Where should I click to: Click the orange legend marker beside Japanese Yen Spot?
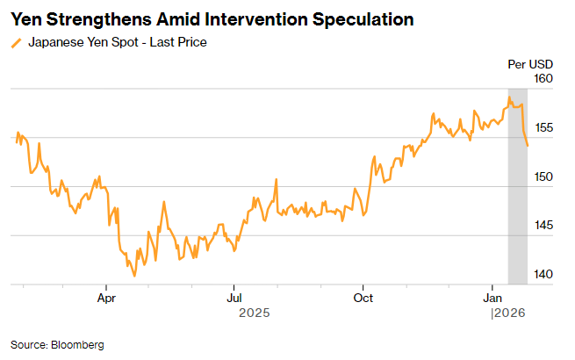click(x=16, y=42)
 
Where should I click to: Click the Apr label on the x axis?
click(x=105, y=298)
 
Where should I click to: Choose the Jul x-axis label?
click(x=234, y=298)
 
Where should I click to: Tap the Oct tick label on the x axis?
click(x=363, y=298)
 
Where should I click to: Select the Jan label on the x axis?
click(x=492, y=298)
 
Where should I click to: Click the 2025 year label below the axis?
click(x=255, y=313)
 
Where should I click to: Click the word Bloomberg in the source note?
click(x=77, y=345)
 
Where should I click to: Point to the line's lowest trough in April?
click(x=134, y=276)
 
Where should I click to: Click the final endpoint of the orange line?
click(x=528, y=146)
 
